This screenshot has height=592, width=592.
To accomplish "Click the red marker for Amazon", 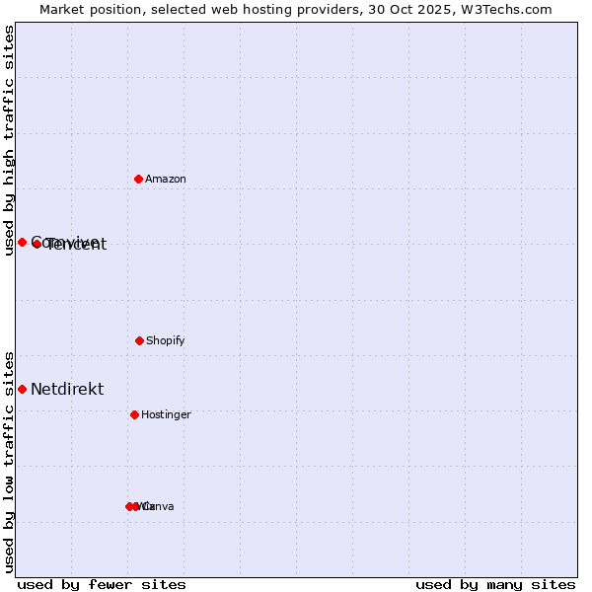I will (x=139, y=179).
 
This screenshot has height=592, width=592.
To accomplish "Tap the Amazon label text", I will (x=166, y=180).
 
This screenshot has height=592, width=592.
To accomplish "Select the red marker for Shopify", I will (x=139, y=340).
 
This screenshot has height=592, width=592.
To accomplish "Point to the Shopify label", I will (x=166, y=341).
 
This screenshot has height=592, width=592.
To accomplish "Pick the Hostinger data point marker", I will (x=134, y=414).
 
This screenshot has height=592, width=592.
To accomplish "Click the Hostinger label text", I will (x=166, y=415).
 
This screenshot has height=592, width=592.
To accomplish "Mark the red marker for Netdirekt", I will (x=22, y=389).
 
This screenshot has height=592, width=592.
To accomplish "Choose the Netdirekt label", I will (x=67, y=390).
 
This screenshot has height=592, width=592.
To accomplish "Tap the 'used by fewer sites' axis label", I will (x=102, y=584).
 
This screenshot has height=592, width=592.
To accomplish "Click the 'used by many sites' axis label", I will (x=495, y=584).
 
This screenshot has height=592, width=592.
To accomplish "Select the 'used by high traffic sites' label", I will (x=9, y=140).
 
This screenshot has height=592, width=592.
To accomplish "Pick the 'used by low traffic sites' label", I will (x=9, y=462).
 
